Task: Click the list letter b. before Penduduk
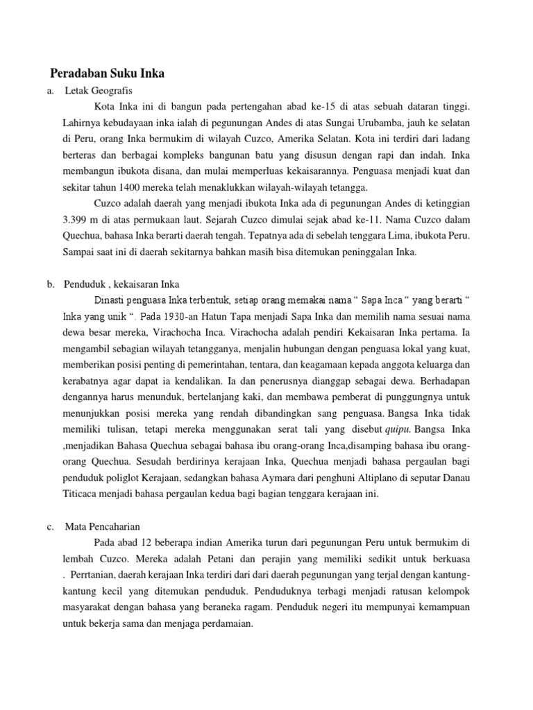(x=51, y=284)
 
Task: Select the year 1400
(x=133, y=187)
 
